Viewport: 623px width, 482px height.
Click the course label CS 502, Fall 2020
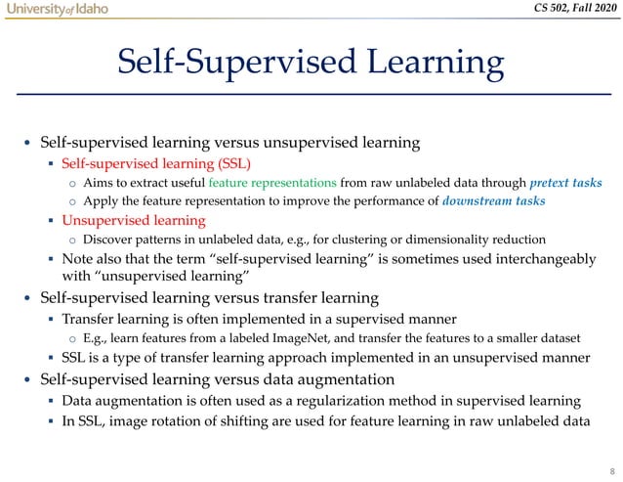pos(564,10)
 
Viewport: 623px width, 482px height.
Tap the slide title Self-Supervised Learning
pos(311,65)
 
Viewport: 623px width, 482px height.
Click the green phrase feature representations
pos(278,182)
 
